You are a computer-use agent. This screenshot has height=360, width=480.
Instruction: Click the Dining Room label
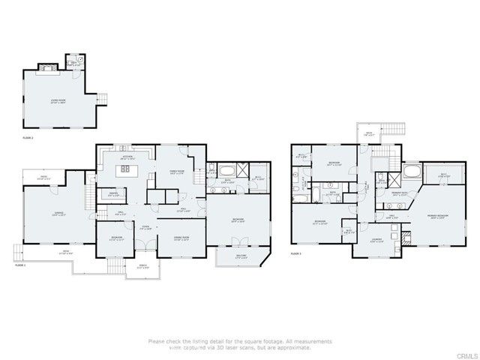[180, 238]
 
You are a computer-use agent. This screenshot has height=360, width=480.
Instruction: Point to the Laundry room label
[376, 241]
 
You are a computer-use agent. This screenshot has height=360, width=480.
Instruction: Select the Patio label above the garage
[43, 178]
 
